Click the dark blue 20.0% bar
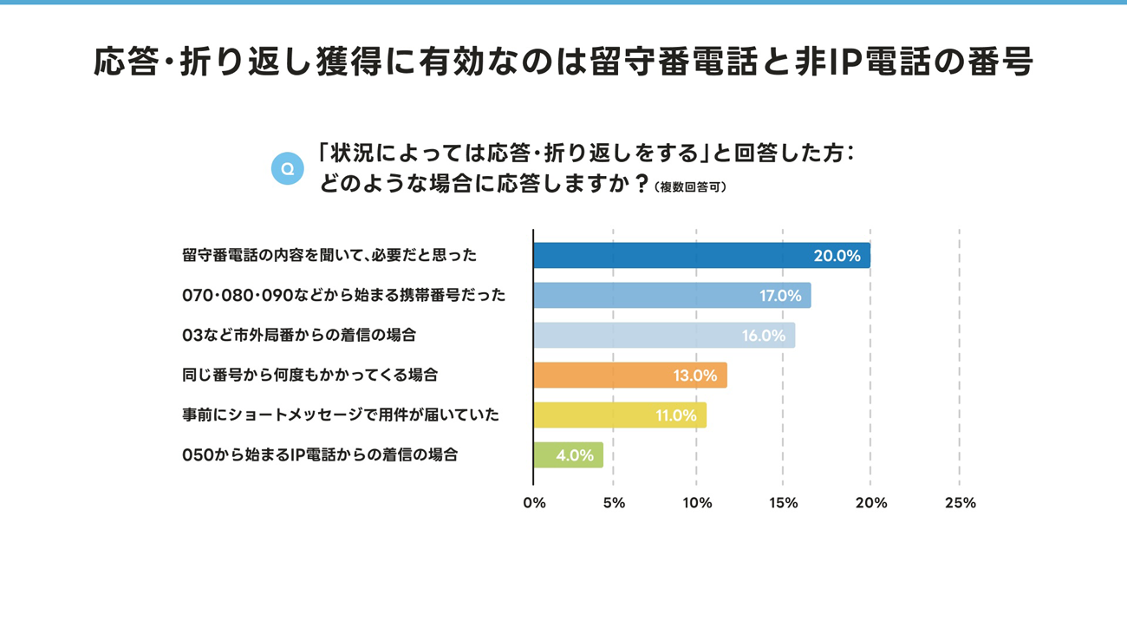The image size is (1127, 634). (x=701, y=256)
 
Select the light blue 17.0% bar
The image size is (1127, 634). (x=672, y=296)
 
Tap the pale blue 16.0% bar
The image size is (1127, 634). (x=664, y=336)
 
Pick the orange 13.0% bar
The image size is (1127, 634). (x=630, y=376)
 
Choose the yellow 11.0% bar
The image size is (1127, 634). (x=620, y=415)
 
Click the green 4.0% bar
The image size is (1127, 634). (x=568, y=455)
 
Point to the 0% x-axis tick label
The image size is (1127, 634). (x=534, y=503)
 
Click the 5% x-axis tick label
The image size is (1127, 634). (x=614, y=503)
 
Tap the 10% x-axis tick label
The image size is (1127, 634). (x=697, y=503)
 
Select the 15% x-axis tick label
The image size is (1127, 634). (x=784, y=503)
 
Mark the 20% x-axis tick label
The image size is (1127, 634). (x=871, y=503)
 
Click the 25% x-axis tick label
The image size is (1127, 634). (x=960, y=503)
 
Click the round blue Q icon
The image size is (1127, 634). (x=288, y=168)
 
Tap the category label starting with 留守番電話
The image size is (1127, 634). (x=329, y=255)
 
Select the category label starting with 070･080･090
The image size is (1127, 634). (x=343, y=295)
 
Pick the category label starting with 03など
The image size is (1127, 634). (x=299, y=335)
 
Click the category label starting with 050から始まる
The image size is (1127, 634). (x=320, y=454)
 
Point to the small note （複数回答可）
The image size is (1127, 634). (x=690, y=187)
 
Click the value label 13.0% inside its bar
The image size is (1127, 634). (x=695, y=376)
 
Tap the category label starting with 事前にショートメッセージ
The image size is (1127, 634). (x=341, y=415)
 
